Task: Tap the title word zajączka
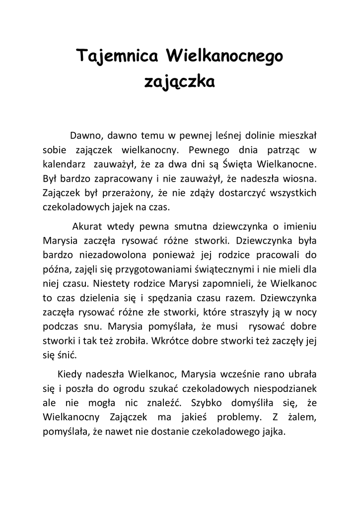click(x=179, y=81)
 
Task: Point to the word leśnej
click(x=221, y=135)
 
